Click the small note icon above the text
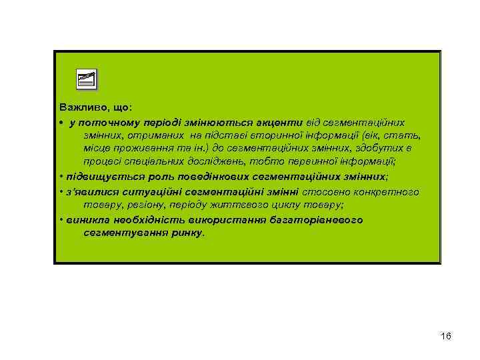86,79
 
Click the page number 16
446,336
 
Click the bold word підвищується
97,177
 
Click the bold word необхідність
141,221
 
